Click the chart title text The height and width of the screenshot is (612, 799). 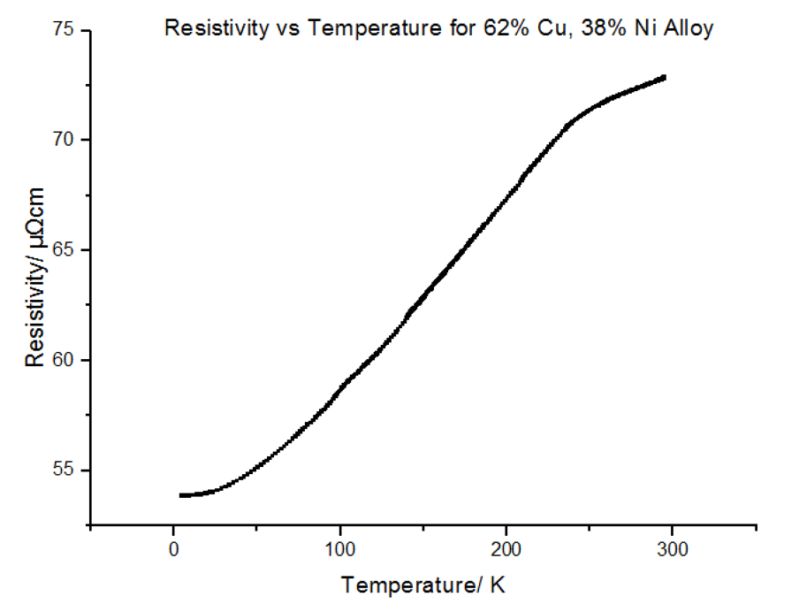coord(439,28)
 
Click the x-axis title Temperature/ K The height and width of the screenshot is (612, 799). coord(423,585)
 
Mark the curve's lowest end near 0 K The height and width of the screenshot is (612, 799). coord(181,495)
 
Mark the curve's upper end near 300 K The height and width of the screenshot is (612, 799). coord(664,78)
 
